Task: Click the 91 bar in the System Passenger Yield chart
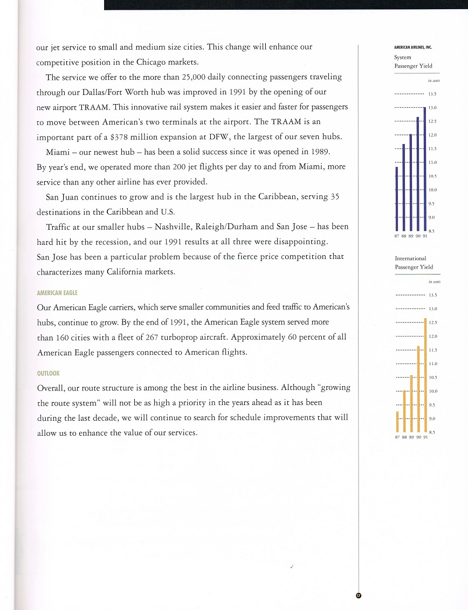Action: tap(425, 168)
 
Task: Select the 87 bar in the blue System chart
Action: tap(397, 198)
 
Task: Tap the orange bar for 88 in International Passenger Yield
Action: tap(404, 408)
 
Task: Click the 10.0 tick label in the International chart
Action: tap(432, 391)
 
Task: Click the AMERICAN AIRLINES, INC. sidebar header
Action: tap(414, 47)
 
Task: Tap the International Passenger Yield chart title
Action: tap(414, 263)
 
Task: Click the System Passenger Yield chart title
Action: tap(413, 61)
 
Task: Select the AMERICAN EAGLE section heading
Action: tap(57, 293)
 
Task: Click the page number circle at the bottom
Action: tap(358, 595)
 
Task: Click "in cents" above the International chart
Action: tap(434, 282)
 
